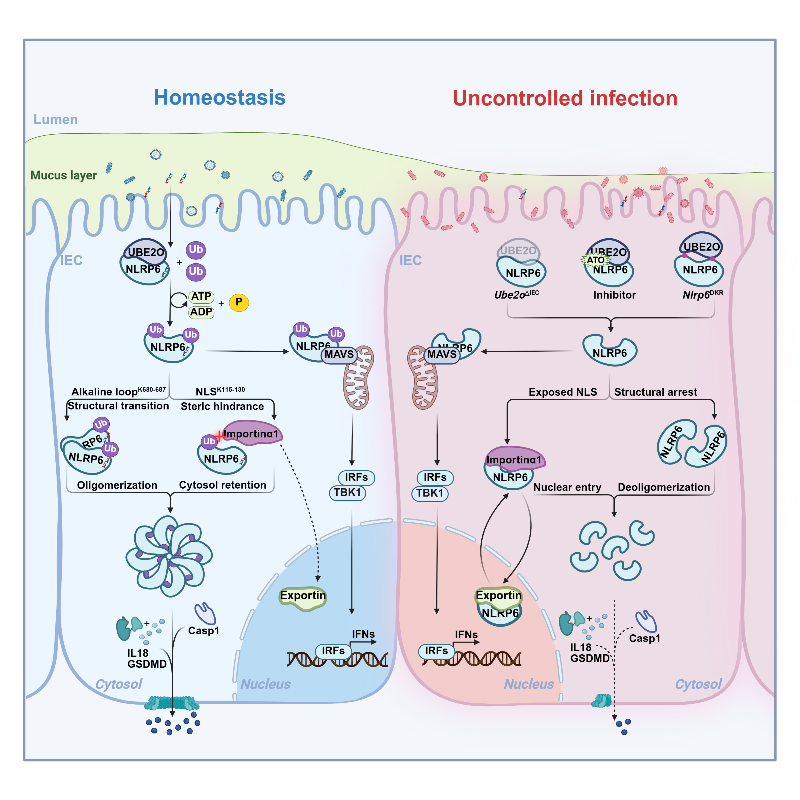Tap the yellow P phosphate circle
coord(239,302)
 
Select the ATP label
coord(201,297)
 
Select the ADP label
coord(201,312)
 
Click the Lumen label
coord(55,119)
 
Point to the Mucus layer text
coord(63,175)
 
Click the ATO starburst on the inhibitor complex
coord(595,260)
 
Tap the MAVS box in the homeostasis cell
coord(339,355)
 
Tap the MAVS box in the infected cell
coord(441,355)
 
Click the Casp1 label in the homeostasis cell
coord(204,631)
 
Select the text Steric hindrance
coord(222,406)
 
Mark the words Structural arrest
coord(655,392)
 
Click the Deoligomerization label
coord(663,487)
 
